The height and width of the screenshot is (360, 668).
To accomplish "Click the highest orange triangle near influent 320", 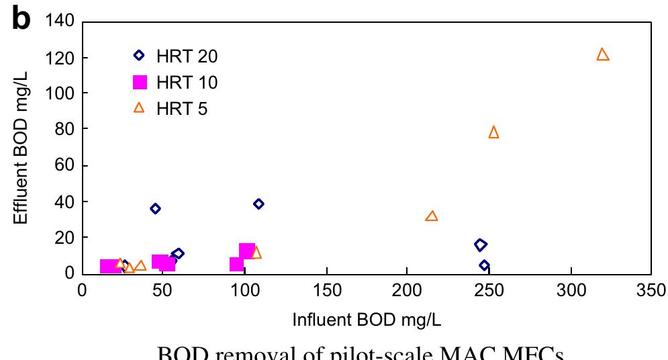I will click(602, 54).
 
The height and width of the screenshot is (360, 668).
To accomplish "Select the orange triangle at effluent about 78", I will click(493, 132).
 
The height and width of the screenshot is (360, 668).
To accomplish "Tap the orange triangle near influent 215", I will click(432, 216).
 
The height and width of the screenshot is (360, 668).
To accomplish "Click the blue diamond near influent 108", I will click(258, 204).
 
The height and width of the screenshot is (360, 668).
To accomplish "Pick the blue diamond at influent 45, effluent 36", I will click(155, 209).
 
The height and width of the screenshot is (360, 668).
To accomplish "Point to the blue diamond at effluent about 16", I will click(481, 245).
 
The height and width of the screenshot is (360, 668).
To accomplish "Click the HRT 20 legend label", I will click(187, 56).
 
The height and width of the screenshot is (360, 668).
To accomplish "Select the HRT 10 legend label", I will click(187, 83).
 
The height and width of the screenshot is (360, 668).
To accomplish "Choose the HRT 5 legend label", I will click(183, 109).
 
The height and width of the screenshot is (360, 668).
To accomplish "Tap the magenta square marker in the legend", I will click(140, 83).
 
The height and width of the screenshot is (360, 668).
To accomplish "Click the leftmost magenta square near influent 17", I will click(109, 267).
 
